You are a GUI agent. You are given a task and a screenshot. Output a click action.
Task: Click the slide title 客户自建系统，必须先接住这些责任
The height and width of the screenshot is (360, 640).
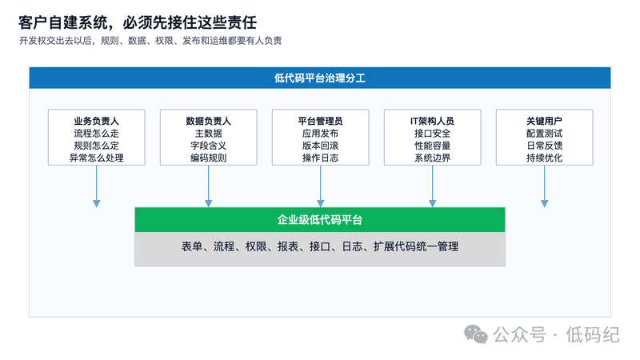(x=137, y=22)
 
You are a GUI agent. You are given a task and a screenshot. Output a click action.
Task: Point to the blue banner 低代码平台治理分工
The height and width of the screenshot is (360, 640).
(x=320, y=78)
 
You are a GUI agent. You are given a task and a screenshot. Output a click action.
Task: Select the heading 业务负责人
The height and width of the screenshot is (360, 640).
(x=96, y=121)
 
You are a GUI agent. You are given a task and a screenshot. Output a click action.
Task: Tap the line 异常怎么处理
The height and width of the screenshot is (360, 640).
(x=96, y=158)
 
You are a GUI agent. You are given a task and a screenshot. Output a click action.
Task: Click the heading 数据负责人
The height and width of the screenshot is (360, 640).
(x=208, y=121)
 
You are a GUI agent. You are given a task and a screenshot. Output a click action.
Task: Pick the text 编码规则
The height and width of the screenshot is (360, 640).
(x=208, y=158)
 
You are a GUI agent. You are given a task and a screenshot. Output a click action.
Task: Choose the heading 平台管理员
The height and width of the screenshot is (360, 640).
(x=321, y=121)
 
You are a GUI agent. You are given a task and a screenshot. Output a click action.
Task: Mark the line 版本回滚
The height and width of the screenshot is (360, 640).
(x=321, y=146)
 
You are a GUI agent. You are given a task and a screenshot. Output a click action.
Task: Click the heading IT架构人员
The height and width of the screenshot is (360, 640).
(x=432, y=121)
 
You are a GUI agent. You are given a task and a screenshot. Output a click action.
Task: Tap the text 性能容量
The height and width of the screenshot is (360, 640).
(x=432, y=146)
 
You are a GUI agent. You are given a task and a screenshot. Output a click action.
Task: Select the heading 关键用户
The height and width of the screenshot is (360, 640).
(x=544, y=121)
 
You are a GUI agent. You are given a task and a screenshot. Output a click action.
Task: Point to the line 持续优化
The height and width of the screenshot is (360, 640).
(x=544, y=158)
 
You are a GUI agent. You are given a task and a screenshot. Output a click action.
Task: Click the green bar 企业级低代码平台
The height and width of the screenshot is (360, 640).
(x=320, y=219)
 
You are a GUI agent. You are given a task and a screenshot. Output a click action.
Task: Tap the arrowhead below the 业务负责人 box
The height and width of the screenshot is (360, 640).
(x=96, y=203)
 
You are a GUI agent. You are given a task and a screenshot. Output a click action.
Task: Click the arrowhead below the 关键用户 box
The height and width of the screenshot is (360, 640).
(x=544, y=203)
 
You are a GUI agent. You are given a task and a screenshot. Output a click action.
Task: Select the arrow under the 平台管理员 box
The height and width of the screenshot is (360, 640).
(x=321, y=186)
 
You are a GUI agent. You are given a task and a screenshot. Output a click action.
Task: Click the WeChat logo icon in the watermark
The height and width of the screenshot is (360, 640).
(x=476, y=334)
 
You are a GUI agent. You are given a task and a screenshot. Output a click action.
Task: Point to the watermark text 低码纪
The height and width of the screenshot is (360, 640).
(x=593, y=334)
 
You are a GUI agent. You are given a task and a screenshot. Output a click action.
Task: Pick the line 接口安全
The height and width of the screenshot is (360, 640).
(x=432, y=133)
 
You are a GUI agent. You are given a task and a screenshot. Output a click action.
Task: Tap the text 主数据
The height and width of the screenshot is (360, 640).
(x=208, y=133)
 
